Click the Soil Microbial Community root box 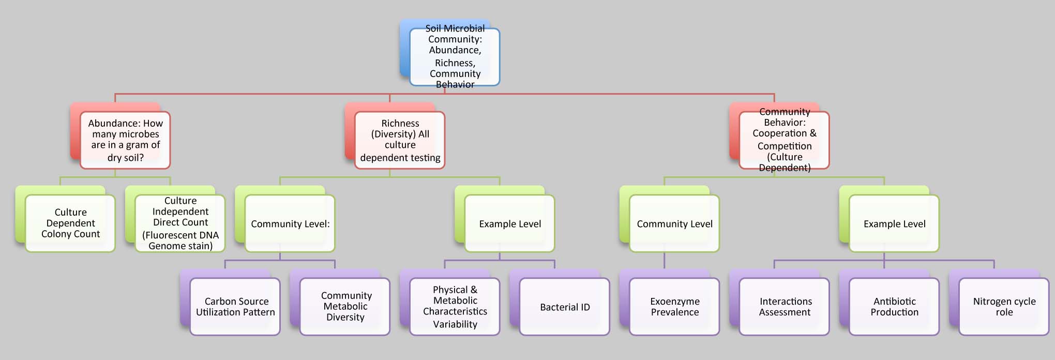click(455, 56)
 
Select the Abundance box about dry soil click(125, 140)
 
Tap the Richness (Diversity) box click(400, 140)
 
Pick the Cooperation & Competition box click(784, 140)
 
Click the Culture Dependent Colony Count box click(70, 223)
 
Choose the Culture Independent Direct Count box click(180, 223)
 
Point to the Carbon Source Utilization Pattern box click(235, 307)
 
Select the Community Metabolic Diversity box click(345, 307)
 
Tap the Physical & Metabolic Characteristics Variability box click(455, 307)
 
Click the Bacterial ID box click(565, 307)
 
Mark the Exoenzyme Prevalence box click(674, 307)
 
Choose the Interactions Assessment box click(785, 307)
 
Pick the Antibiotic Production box click(894, 307)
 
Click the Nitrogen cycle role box click(1004, 307)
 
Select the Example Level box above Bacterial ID click(509, 223)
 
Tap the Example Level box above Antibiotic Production click(894, 223)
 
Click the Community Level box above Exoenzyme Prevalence click(674, 223)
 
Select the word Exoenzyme click(674, 302)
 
